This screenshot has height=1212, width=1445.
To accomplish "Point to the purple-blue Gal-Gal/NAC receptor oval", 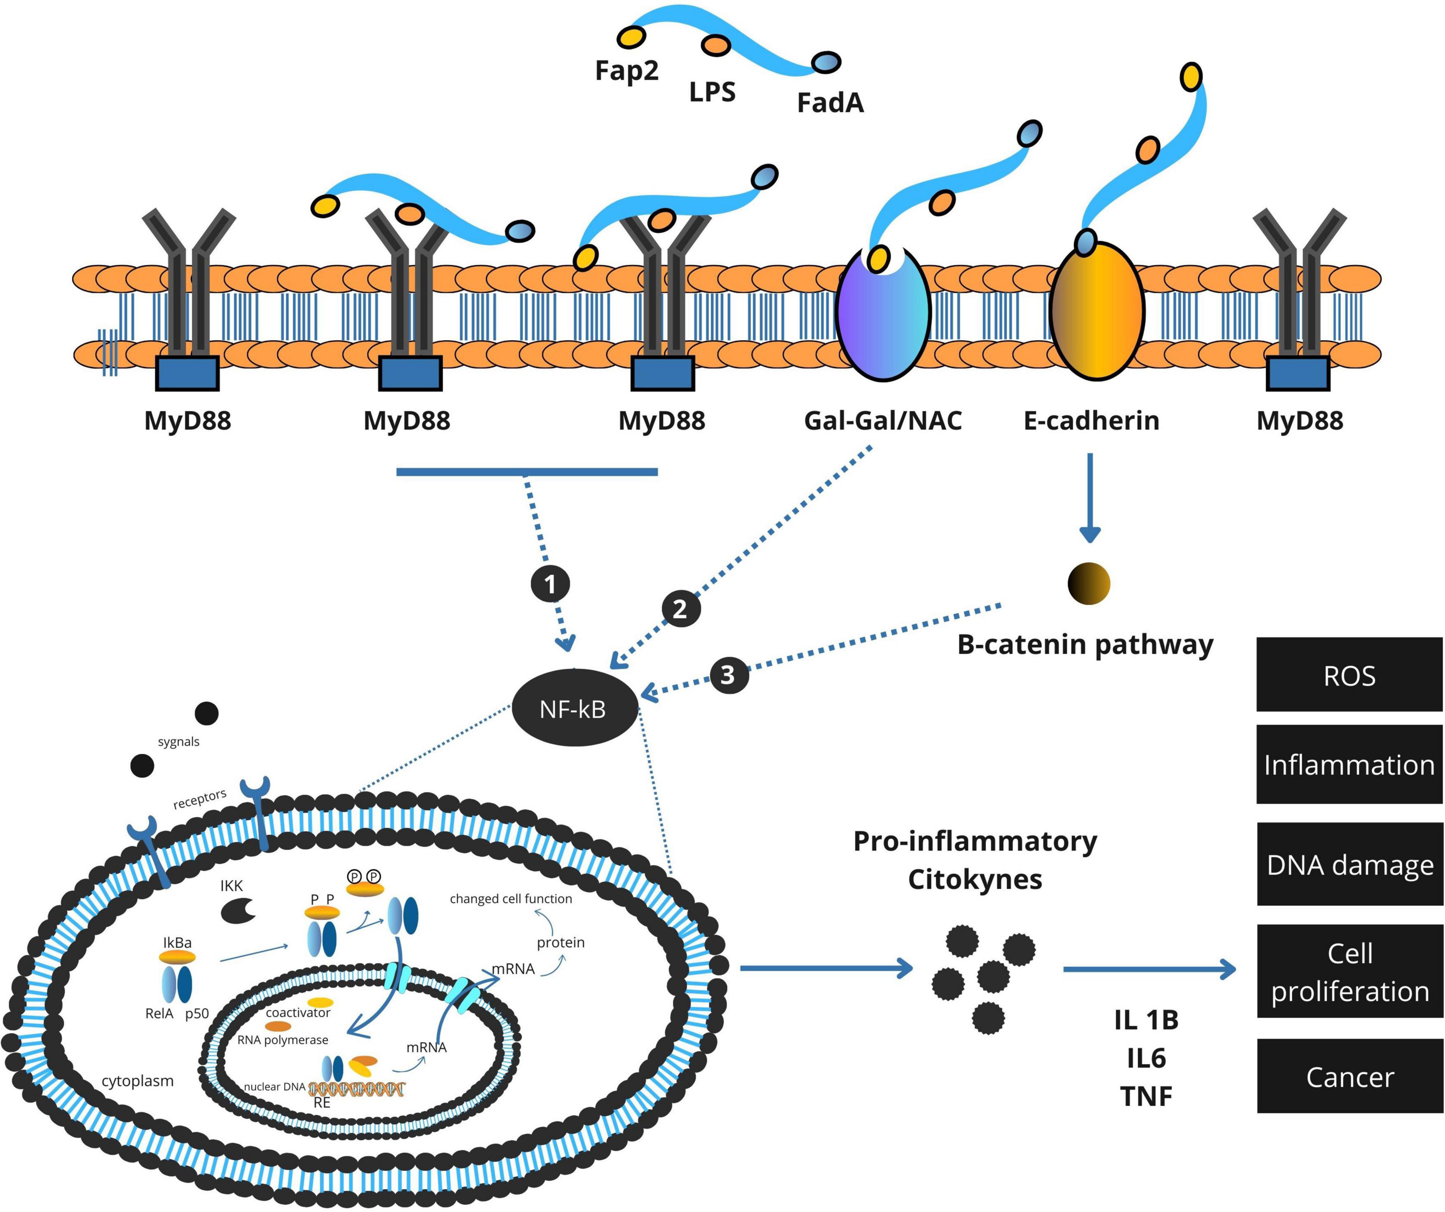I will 883,313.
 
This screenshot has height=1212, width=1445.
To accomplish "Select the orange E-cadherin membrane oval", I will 1097,311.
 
